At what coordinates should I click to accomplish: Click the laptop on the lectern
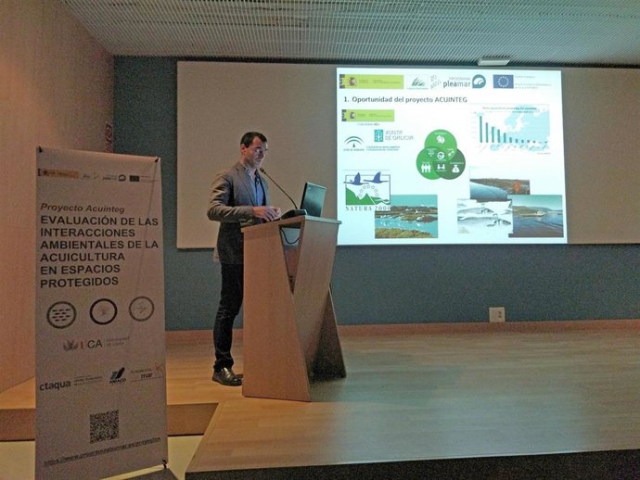(313, 198)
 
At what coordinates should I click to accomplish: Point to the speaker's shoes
(226, 375)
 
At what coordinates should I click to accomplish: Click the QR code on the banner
(104, 425)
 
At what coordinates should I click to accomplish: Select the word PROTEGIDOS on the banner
(79, 281)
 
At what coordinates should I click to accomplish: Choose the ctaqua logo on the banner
(55, 385)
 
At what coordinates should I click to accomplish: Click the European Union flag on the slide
(503, 82)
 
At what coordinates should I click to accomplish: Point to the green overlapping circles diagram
(442, 154)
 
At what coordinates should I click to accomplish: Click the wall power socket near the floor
(496, 314)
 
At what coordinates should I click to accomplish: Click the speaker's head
(252, 145)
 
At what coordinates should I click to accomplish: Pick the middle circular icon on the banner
(103, 311)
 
